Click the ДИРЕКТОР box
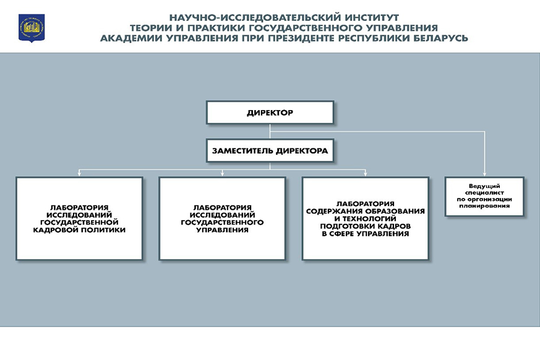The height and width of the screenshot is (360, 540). pos(270,113)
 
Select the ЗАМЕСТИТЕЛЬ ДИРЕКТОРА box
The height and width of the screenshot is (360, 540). pos(270,150)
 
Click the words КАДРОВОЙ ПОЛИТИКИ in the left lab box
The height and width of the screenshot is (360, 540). pos(79,229)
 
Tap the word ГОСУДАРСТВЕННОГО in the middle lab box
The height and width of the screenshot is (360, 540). pos(222,221)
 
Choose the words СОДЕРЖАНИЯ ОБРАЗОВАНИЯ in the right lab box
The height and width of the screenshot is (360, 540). pos(365,211)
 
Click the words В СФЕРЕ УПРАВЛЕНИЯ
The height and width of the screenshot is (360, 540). pos(365,233)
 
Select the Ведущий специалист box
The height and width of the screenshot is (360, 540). pos(484,196)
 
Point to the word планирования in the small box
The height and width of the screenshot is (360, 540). pos(484,206)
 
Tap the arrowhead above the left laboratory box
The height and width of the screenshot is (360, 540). pos(79,174)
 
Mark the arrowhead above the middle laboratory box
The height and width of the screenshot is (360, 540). pos(222,174)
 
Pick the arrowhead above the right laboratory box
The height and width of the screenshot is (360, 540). pos(365,174)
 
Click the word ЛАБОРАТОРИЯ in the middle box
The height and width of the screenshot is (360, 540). pos(222,207)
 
